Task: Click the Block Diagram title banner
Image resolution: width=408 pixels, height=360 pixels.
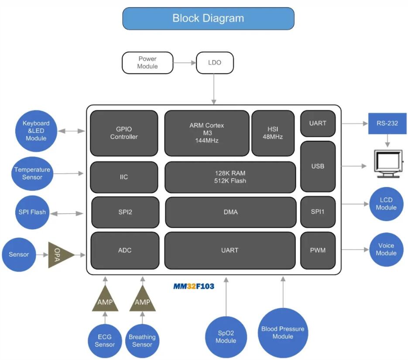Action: (x=208, y=18)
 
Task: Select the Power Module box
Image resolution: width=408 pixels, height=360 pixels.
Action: (x=147, y=62)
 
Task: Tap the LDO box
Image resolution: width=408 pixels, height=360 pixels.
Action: (x=215, y=62)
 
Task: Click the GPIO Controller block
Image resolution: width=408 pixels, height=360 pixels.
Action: (x=124, y=133)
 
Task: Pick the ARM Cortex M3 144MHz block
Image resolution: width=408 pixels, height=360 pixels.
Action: (x=206, y=133)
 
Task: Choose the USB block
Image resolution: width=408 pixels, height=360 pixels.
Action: (x=318, y=166)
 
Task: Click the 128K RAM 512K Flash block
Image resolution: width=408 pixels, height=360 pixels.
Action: (x=230, y=177)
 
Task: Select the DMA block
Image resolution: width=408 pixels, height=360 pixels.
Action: (x=230, y=212)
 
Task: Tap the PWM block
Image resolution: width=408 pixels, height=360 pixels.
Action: (x=318, y=250)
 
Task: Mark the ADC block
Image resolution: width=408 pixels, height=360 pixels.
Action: (x=125, y=250)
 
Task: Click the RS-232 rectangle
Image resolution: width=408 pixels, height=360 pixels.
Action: (x=387, y=123)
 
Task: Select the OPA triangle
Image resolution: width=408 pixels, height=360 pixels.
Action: (x=60, y=255)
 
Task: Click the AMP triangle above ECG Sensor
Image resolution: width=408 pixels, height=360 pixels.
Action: (x=105, y=301)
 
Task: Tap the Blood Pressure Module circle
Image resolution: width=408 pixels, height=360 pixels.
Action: (x=282, y=333)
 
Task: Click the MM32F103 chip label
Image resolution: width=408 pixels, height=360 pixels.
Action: (x=194, y=286)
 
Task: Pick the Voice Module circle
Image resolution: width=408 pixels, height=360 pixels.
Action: (x=386, y=249)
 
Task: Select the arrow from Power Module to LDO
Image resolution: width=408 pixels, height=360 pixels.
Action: (x=185, y=63)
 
